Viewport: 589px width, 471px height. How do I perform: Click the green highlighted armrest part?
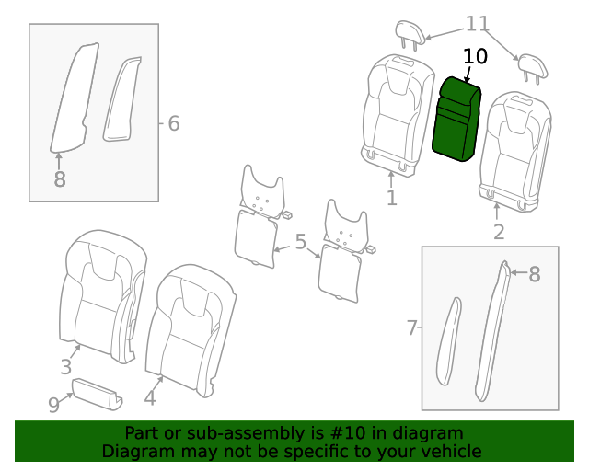click(456, 120)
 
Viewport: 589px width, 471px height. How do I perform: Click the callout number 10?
click(475, 56)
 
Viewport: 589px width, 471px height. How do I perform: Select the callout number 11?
click(478, 24)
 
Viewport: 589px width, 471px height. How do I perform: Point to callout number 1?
click(391, 198)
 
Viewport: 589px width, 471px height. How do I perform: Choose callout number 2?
click(499, 232)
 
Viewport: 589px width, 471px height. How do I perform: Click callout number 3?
click(66, 367)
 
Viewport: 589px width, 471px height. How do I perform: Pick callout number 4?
click(150, 397)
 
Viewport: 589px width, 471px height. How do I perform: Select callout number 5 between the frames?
click(300, 243)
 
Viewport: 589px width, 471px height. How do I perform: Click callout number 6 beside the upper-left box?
click(173, 123)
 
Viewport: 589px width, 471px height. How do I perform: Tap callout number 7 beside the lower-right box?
click(412, 327)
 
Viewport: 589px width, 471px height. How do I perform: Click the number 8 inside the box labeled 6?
click(60, 179)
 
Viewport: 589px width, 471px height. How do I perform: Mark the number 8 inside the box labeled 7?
click(535, 273)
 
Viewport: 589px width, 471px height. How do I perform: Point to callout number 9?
click(53, 403)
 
